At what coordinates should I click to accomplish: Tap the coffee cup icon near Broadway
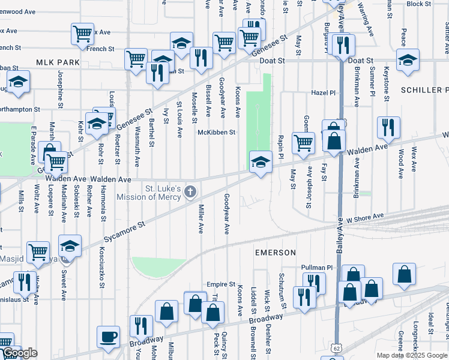(x=108, y=337)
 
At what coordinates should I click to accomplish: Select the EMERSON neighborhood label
(x=275, y=253)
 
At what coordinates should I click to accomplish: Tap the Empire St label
(x=220, y=284)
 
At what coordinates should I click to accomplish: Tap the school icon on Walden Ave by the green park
(x=260, y=162)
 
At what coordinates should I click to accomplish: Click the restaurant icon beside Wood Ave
(x=388, y=128)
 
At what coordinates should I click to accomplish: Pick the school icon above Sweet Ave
(x=70, y=246)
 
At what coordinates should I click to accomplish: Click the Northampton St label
(x=20, y=110)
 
